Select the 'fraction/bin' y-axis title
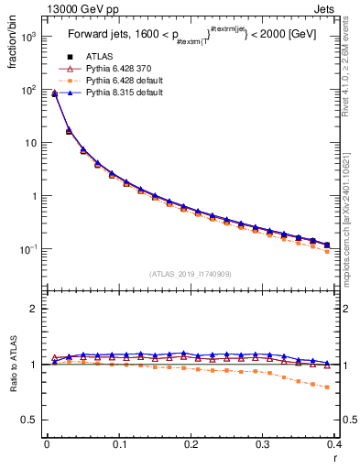12,50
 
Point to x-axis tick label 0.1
118,444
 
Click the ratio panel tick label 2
34,309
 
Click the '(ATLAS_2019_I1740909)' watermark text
191,274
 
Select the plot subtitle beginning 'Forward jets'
191,38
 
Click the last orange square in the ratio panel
327,387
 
